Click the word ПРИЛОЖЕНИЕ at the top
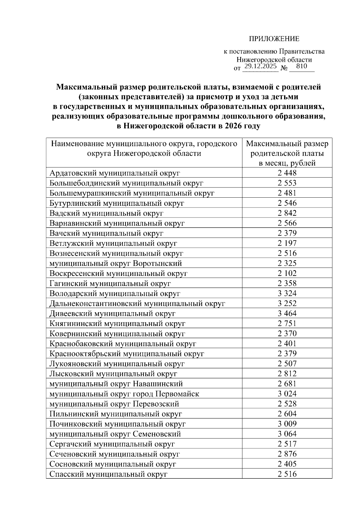click(274, 39)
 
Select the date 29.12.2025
click(260, 66)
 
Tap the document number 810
click(301, 66)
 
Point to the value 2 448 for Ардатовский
click(287, 173)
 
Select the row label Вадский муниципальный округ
click(106, 213)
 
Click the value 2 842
click(287, 213)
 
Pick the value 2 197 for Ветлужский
click(287, 243)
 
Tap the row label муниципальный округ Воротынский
click(116, 263)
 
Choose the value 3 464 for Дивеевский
click(287, 313)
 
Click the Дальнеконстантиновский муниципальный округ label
click(137, 304)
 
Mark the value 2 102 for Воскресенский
click(287, 273)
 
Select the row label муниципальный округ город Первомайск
click(124, 394)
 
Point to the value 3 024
click(287, 394)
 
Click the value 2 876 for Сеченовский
click(287, 454)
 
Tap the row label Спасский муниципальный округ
click(108, 474)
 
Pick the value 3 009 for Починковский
click(287, 424)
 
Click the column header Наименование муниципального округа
click(144, 149)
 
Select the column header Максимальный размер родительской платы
click(287, 153)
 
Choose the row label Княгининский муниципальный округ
click(117, 324)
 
